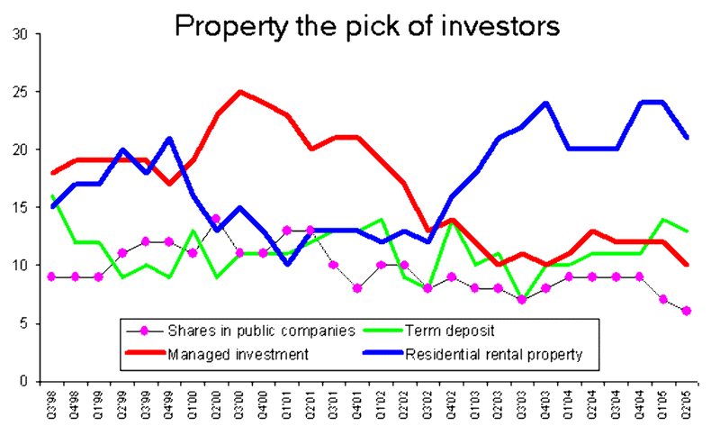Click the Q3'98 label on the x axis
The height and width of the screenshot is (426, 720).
click(x=52, y=404)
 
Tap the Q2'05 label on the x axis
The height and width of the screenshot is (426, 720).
click(x=687, y=404)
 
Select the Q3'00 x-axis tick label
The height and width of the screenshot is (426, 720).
click(x=240, y=404)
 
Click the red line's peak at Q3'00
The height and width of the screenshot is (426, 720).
click(x=239, y=92)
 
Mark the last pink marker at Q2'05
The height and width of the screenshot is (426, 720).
click(x=687, y=311)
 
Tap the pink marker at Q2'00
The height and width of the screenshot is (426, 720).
click(x=216, y=219)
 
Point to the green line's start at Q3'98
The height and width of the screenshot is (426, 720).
click(x=52, y=195)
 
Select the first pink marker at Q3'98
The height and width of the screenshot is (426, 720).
click(x=52, y=276)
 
